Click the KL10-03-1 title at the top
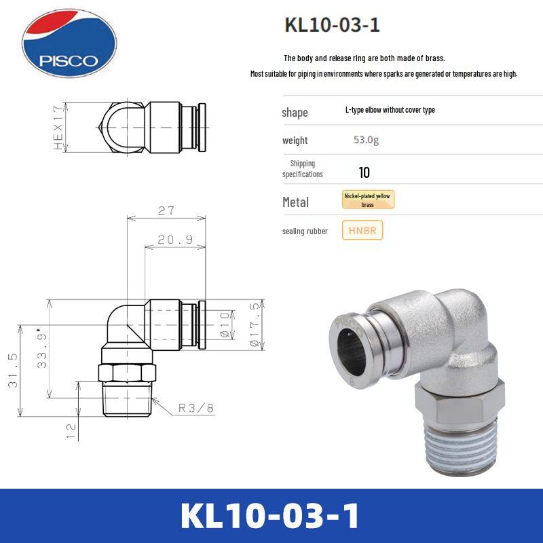332,26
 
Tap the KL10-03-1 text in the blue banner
271,516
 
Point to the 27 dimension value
166,211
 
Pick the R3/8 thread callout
196,408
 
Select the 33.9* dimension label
42,350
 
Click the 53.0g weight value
366,141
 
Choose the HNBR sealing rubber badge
363,231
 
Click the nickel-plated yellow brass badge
368,200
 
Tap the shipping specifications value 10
364,172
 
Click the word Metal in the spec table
295,202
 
